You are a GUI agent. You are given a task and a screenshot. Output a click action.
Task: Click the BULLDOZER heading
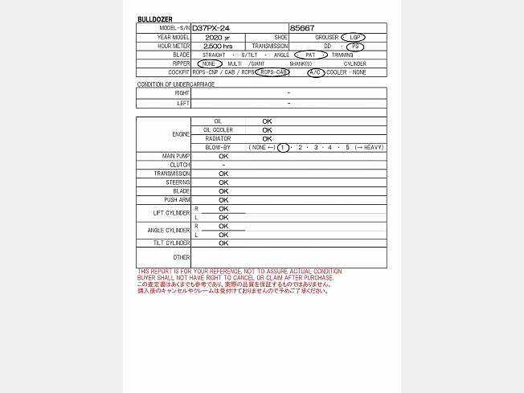(x=155, y=19)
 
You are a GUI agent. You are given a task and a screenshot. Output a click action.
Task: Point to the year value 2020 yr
(x=217, y=37)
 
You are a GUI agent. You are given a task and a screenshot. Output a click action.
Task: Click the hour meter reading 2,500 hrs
(x=218, y=46)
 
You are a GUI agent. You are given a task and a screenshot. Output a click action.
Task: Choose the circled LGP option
(x=352, y=37)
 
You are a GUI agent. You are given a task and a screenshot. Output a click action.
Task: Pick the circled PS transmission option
(x=354, y=46)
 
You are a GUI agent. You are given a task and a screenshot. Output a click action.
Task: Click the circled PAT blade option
(x=310, y=55)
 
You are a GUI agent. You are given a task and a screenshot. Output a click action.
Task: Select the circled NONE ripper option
(x=209, y=63)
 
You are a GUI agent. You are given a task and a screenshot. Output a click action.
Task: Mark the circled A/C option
(x=316, y=72)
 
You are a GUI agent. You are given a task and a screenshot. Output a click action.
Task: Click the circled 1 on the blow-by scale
(x=283, y=148)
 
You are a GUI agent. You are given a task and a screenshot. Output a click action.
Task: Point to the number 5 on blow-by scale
(x=348, y=148)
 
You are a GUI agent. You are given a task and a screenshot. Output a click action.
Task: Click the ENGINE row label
(x=181, y=134)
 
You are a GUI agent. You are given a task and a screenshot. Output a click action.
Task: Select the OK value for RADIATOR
(x=267, y=139)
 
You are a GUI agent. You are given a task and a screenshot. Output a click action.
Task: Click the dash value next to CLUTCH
(x=223, y=165)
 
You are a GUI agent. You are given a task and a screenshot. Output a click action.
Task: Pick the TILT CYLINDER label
(x=172, y=243)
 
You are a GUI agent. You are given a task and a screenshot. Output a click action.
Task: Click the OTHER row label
(x=181, y=257)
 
